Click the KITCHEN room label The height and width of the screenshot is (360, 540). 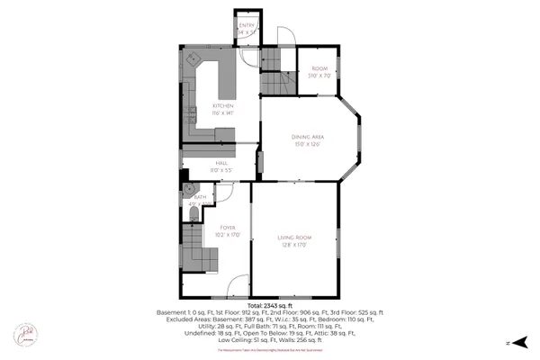[x=211, y=106]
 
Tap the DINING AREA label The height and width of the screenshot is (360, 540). [x=307, y=136]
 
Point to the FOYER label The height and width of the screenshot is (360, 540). [x=228, y=228]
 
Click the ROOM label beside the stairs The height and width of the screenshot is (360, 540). [x=319, y=68]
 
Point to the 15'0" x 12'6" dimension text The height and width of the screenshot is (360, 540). [x=307, y=144]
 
